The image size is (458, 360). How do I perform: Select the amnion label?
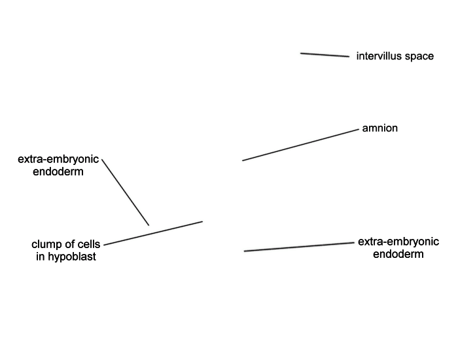(379, 128)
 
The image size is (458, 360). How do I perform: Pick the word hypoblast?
(72, 257)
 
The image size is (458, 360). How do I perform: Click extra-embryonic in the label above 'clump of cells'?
(58, 159)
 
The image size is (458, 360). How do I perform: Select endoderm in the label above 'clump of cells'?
(58, 171)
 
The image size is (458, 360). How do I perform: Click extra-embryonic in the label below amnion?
(398, 242)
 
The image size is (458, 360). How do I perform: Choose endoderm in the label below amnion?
(398, 254)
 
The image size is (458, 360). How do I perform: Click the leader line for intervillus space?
(325, 55)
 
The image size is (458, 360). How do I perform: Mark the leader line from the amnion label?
(300, 145)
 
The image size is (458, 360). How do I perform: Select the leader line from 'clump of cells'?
(153, 233)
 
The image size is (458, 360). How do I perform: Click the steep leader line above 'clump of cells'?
(126, 192)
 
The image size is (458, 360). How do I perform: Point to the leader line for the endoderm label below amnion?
(299, 247)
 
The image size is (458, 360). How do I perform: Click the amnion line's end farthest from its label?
(243, 160)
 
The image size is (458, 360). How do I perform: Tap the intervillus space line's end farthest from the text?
(300, 53)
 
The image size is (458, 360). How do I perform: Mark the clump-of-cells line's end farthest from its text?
(202, 221)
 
